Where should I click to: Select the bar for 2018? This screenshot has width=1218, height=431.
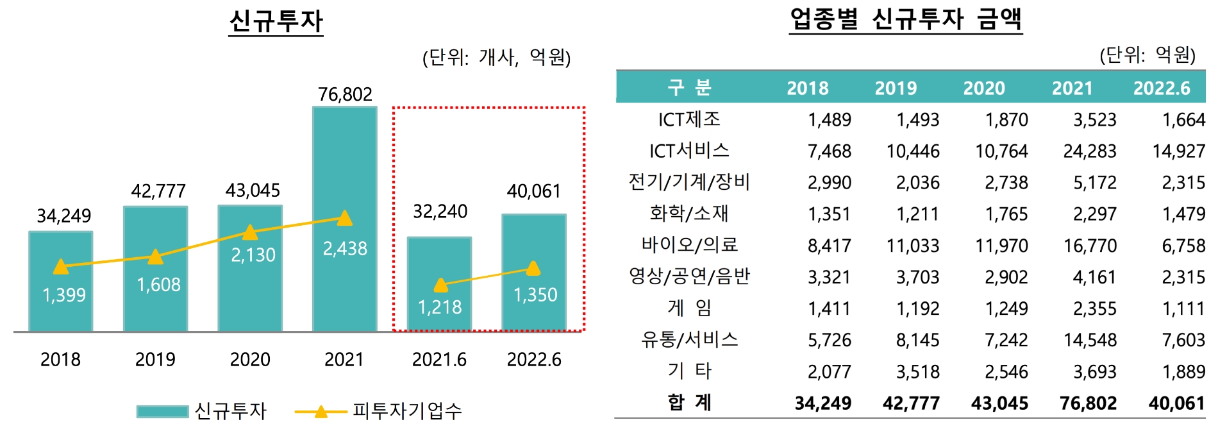coord(61,308)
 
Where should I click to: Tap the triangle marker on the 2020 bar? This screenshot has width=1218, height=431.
coord(250,232)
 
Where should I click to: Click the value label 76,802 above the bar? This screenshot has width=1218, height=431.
coord(345,94)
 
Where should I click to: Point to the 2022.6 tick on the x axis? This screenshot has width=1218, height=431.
coord(534,359)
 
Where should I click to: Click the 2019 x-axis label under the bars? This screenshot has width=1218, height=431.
coord(155,359)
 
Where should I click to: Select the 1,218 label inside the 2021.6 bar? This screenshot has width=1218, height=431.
coord(440,307)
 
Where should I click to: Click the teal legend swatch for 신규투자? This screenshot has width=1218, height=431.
coord(162,411)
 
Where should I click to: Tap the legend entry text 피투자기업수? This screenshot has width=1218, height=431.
coord(407,411)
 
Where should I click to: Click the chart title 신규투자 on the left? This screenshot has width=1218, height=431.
coord(276,21)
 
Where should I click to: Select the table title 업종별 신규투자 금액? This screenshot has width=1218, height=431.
coord(905,19)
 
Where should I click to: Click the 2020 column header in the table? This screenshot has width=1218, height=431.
coord(984,88)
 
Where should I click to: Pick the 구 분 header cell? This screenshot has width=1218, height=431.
coord(690,87)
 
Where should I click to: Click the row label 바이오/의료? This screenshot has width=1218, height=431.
coord(690,245)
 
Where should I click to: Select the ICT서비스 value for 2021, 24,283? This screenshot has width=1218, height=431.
coord(1090,151)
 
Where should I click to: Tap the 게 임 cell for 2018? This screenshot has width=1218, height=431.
coord(830,308)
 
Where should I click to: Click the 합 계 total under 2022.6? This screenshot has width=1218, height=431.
coord(1177,403)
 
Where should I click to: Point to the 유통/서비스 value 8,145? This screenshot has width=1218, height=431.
coord(917,340)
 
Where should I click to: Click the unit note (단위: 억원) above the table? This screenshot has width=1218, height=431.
coord(1147,55)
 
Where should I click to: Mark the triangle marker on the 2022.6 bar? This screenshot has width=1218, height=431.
coord(533,269)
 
